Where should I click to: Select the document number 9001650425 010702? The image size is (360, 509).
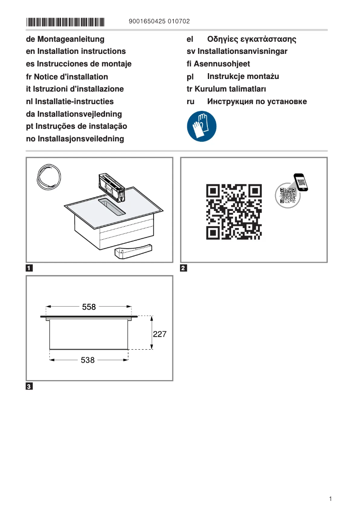tap(159, 22)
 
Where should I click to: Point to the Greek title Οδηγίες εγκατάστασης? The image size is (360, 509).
tap(251, 39)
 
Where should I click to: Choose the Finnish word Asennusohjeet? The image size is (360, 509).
tap(222, 64)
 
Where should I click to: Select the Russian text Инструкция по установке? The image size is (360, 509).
tap(257, 101)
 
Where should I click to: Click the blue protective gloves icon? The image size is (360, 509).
tap(202, 127)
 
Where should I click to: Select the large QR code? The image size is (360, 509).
tap(233, 211)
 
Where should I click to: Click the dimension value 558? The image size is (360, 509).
tap(89, 307)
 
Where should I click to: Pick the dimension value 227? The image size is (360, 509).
tap(160, 334)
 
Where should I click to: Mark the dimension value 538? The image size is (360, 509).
tap(88, 360)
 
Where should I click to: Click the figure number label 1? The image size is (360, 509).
tap(29, 269)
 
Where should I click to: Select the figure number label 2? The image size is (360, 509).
tap(183, 269)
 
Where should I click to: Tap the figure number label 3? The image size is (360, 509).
tap(29, 386)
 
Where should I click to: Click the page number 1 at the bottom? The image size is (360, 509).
tap(330, 499)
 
